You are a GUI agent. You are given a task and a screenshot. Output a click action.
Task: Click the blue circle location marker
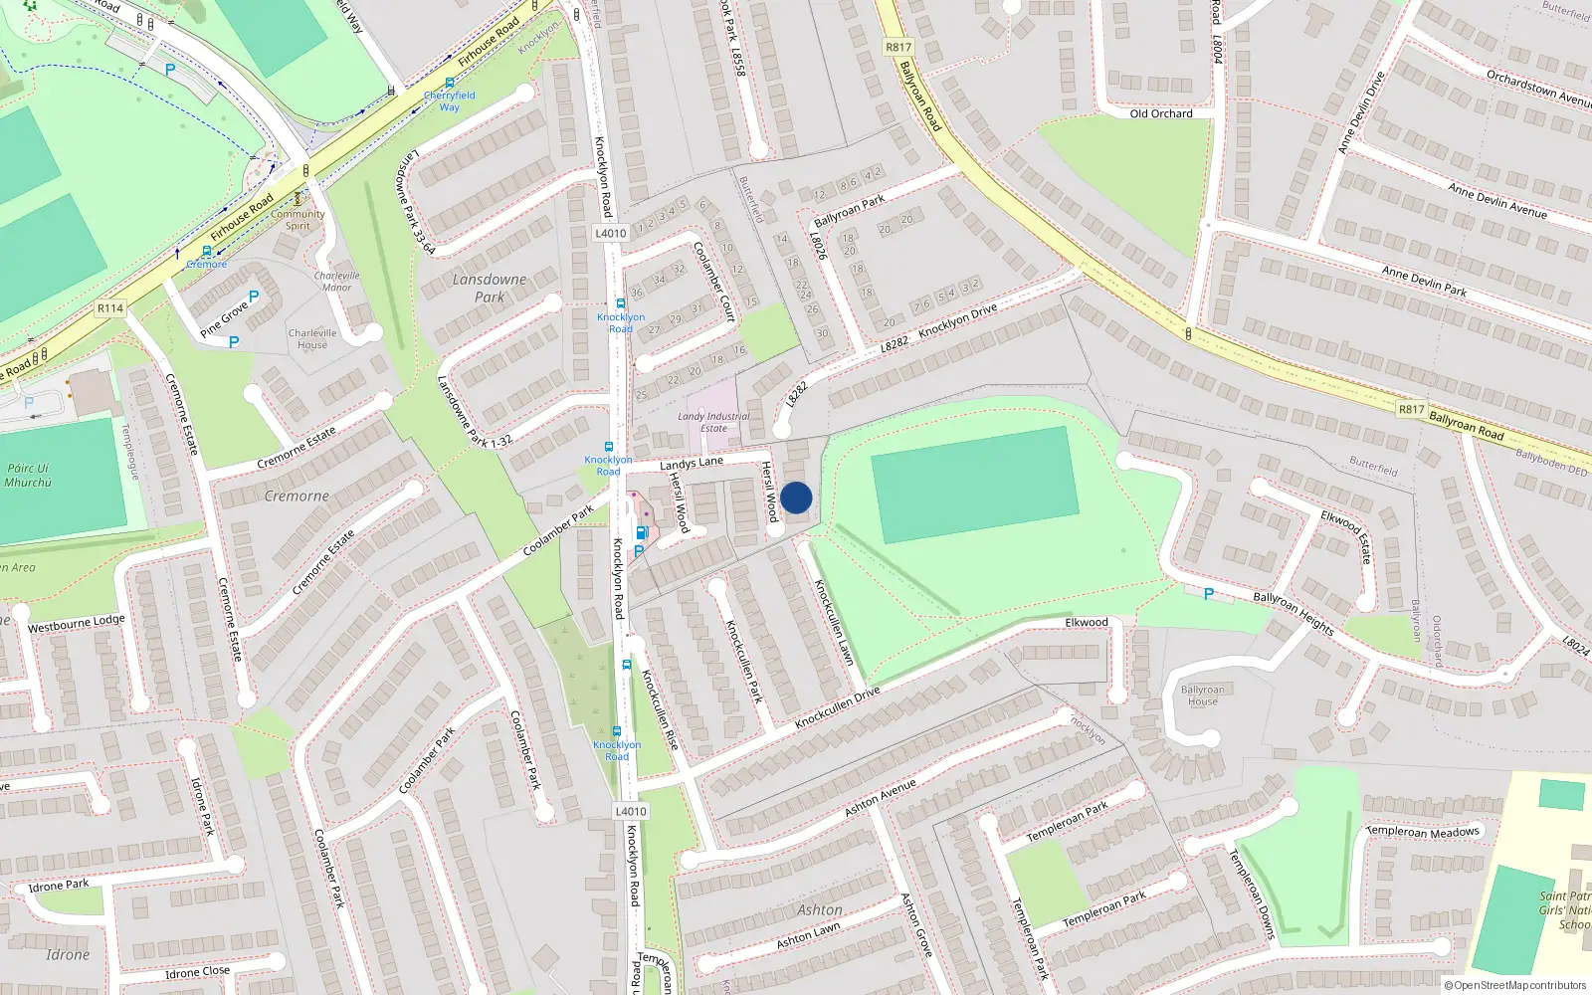click(796, 497)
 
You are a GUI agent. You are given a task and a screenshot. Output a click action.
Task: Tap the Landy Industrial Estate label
click(713, 422)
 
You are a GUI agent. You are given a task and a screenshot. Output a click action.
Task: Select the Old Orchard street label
click(1160, 113)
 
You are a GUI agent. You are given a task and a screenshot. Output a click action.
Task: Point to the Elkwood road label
click(1086, 622)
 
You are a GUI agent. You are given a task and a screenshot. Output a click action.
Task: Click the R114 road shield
click(110, 308)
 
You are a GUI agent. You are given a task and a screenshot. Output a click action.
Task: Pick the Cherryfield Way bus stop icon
click(450, 84)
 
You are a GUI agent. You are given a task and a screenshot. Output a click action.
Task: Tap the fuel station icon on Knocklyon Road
click(643, 532)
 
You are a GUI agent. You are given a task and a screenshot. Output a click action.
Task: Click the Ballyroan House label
click(1202, 695)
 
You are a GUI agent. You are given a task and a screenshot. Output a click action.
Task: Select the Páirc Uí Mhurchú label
click(28, 475)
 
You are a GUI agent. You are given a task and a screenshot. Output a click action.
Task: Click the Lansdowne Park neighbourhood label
click(489, 288)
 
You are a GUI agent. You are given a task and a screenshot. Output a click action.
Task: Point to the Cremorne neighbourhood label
click(297, 496)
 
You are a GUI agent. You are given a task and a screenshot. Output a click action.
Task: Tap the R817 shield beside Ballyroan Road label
click(1411, 409)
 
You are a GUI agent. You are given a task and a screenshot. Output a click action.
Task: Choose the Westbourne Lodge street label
click(77, 623)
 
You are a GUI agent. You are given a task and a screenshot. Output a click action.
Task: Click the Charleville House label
click(312, 338)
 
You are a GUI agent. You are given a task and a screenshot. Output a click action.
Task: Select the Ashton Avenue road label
click(880, 798)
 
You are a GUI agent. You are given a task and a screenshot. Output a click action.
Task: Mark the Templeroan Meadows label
click(1424, 831)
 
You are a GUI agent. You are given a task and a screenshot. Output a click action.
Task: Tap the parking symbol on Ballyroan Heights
click(1208, 594)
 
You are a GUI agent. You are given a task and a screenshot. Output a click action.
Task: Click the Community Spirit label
click(298, 219)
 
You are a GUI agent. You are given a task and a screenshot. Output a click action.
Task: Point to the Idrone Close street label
click(197, 971)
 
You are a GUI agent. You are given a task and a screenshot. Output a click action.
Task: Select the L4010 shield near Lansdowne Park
click(611, 233)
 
